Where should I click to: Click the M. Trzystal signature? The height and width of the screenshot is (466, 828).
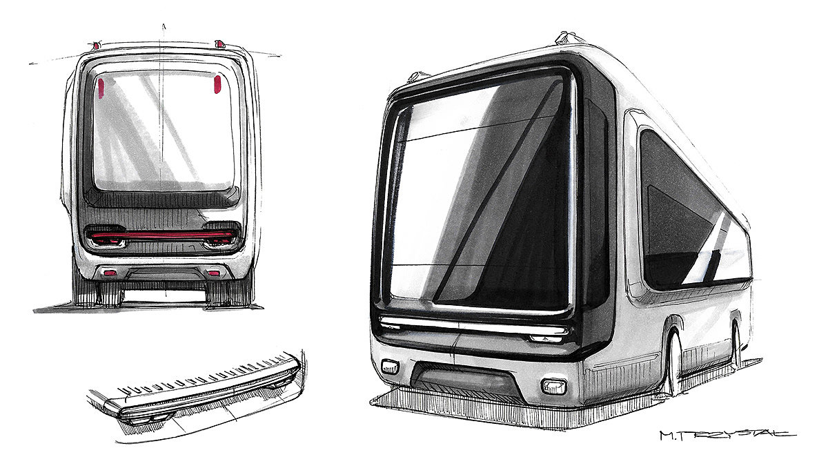[x=727, y=435]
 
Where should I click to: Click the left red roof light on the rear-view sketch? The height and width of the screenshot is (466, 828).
[x=96, y=46]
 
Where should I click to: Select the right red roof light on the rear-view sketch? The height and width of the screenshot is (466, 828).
[x=221, y=44]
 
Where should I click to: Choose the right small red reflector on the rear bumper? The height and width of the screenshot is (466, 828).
[x=214, y=273]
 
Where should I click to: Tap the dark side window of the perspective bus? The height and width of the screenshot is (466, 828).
[x=690, y=214]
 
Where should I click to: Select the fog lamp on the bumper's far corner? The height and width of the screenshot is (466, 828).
[x=389, y=366]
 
